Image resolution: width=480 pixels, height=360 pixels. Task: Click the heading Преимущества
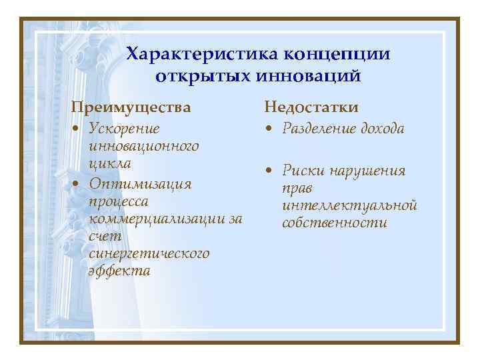tap(131, 107)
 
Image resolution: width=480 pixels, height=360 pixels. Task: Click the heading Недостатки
tap(311, 107)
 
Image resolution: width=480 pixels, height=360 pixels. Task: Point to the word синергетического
tap(149, 253)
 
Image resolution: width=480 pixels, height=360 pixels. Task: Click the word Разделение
tap(319, 128)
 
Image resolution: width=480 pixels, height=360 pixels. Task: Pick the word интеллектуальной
tap(349, 205)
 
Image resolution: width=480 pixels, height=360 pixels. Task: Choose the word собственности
tap(334, 223)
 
